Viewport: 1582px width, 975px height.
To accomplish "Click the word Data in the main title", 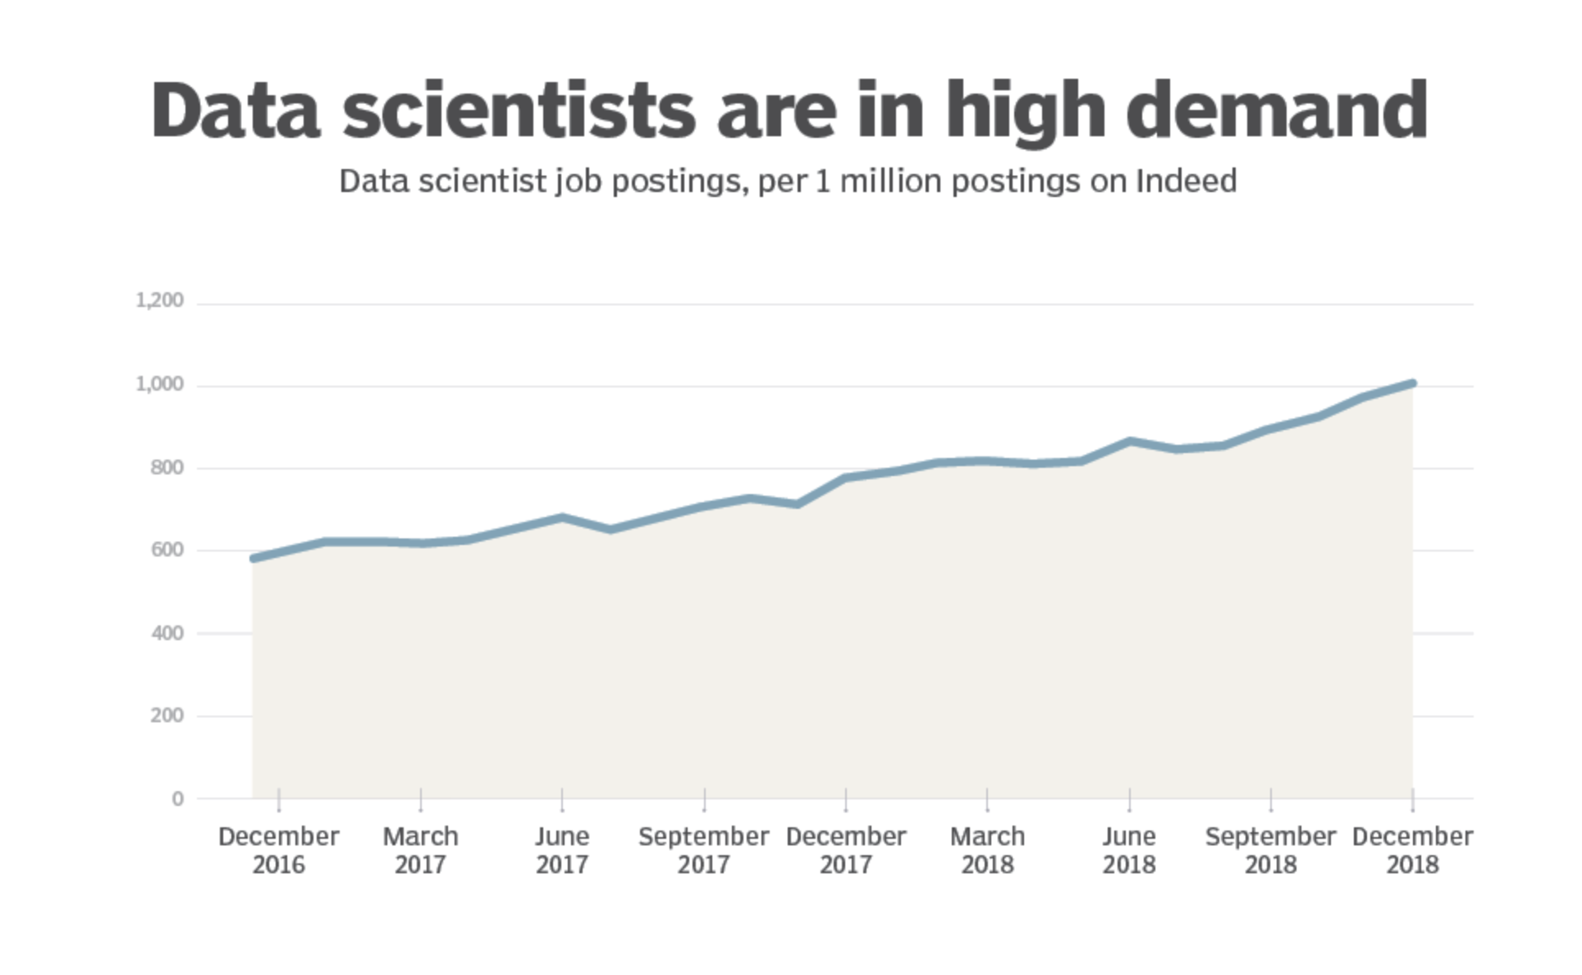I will (x=235, y=111).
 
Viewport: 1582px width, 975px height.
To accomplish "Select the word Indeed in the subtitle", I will (x=1186, y=181).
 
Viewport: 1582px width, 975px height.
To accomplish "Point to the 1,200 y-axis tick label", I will (x=159, y=300).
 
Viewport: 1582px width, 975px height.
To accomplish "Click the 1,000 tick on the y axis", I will (x=159, y=384).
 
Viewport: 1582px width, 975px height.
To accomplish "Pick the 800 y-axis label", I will (x=167, y=468).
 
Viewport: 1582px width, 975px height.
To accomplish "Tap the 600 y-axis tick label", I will (x=167, y=550).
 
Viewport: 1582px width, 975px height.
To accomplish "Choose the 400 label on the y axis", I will (x=167, y=634).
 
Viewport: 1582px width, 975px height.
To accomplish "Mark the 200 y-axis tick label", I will (x=167, y=716).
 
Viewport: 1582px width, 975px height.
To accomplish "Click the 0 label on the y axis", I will (x=177, y=799).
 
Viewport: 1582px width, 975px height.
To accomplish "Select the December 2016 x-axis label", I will (x=278, y=850).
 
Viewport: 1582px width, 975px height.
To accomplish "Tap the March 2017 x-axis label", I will (x=420, y=850).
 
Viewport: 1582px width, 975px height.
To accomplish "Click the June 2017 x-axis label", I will (x=562, y=850).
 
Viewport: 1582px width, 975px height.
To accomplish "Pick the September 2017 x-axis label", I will (x=704, y=850).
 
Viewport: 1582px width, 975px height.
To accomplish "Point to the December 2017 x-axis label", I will (x=846, y=850).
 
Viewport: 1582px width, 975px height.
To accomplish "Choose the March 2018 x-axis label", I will (x=987, y=850).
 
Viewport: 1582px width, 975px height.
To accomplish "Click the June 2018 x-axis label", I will (x=1129, y=850).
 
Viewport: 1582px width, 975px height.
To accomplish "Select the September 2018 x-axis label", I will (x=1270, y=850).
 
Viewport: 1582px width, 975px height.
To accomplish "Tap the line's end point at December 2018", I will (x=1412, y=383).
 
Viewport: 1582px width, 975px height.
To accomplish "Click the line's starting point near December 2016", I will (x=254, y=558).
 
